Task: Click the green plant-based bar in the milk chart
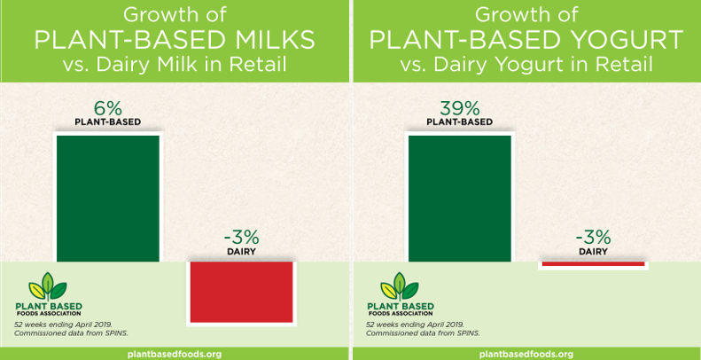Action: tap(108, 198)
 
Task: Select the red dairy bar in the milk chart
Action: tap(241, 292)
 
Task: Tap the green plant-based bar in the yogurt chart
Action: tap(460, 198)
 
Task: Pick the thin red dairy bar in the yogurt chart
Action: tap(593, 264)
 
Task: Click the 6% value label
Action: tap(108, 109)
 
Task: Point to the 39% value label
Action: tap(460, 109)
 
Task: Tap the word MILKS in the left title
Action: tap(269, 40)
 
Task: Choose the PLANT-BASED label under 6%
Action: tap(108, 122)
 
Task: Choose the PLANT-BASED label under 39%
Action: tap(460, 122)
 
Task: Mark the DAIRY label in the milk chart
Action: tap(241, 252)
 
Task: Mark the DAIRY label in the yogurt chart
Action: tap(593, 252)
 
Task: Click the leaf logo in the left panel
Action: tap(48, 286)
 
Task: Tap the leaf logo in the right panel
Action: tap(400, 286)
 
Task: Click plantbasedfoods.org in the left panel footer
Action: tap(175, 354)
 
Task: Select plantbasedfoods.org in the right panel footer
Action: tap(526, 354)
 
